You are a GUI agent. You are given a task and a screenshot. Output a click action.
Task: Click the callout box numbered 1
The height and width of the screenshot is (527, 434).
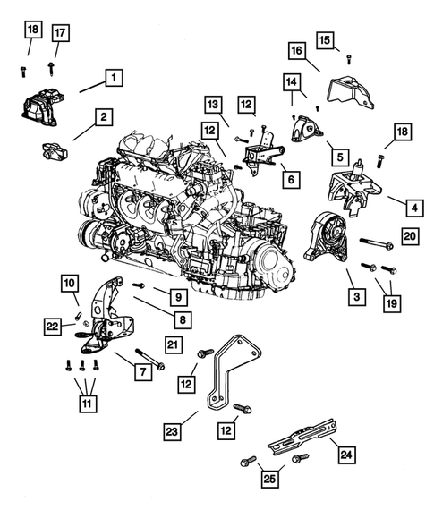[114, 78]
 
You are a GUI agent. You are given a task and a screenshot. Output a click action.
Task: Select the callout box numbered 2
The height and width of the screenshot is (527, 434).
[104, 116]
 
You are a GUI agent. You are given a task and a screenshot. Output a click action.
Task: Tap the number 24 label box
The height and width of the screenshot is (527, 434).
[346, 455]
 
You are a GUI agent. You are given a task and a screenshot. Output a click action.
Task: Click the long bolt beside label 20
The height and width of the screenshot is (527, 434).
[377, 240]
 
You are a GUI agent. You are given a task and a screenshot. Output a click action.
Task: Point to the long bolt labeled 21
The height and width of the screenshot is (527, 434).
[149, 358]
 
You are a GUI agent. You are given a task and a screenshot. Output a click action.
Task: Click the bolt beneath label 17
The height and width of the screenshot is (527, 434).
[55, 66]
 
